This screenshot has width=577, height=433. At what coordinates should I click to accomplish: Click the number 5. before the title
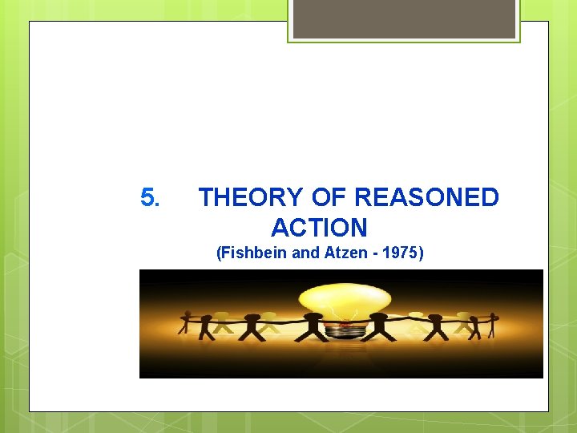point(151,197)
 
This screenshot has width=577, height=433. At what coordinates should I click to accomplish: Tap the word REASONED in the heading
point(426,197)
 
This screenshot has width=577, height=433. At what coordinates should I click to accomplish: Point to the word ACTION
point(319,228)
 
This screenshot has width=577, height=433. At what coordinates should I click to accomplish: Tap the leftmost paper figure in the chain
point(188,320)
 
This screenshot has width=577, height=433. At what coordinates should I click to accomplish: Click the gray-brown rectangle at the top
point(404,18)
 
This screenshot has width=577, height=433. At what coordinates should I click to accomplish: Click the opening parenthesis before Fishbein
point(219,254)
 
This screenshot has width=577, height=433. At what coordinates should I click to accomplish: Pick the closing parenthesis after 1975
point(421,254)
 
